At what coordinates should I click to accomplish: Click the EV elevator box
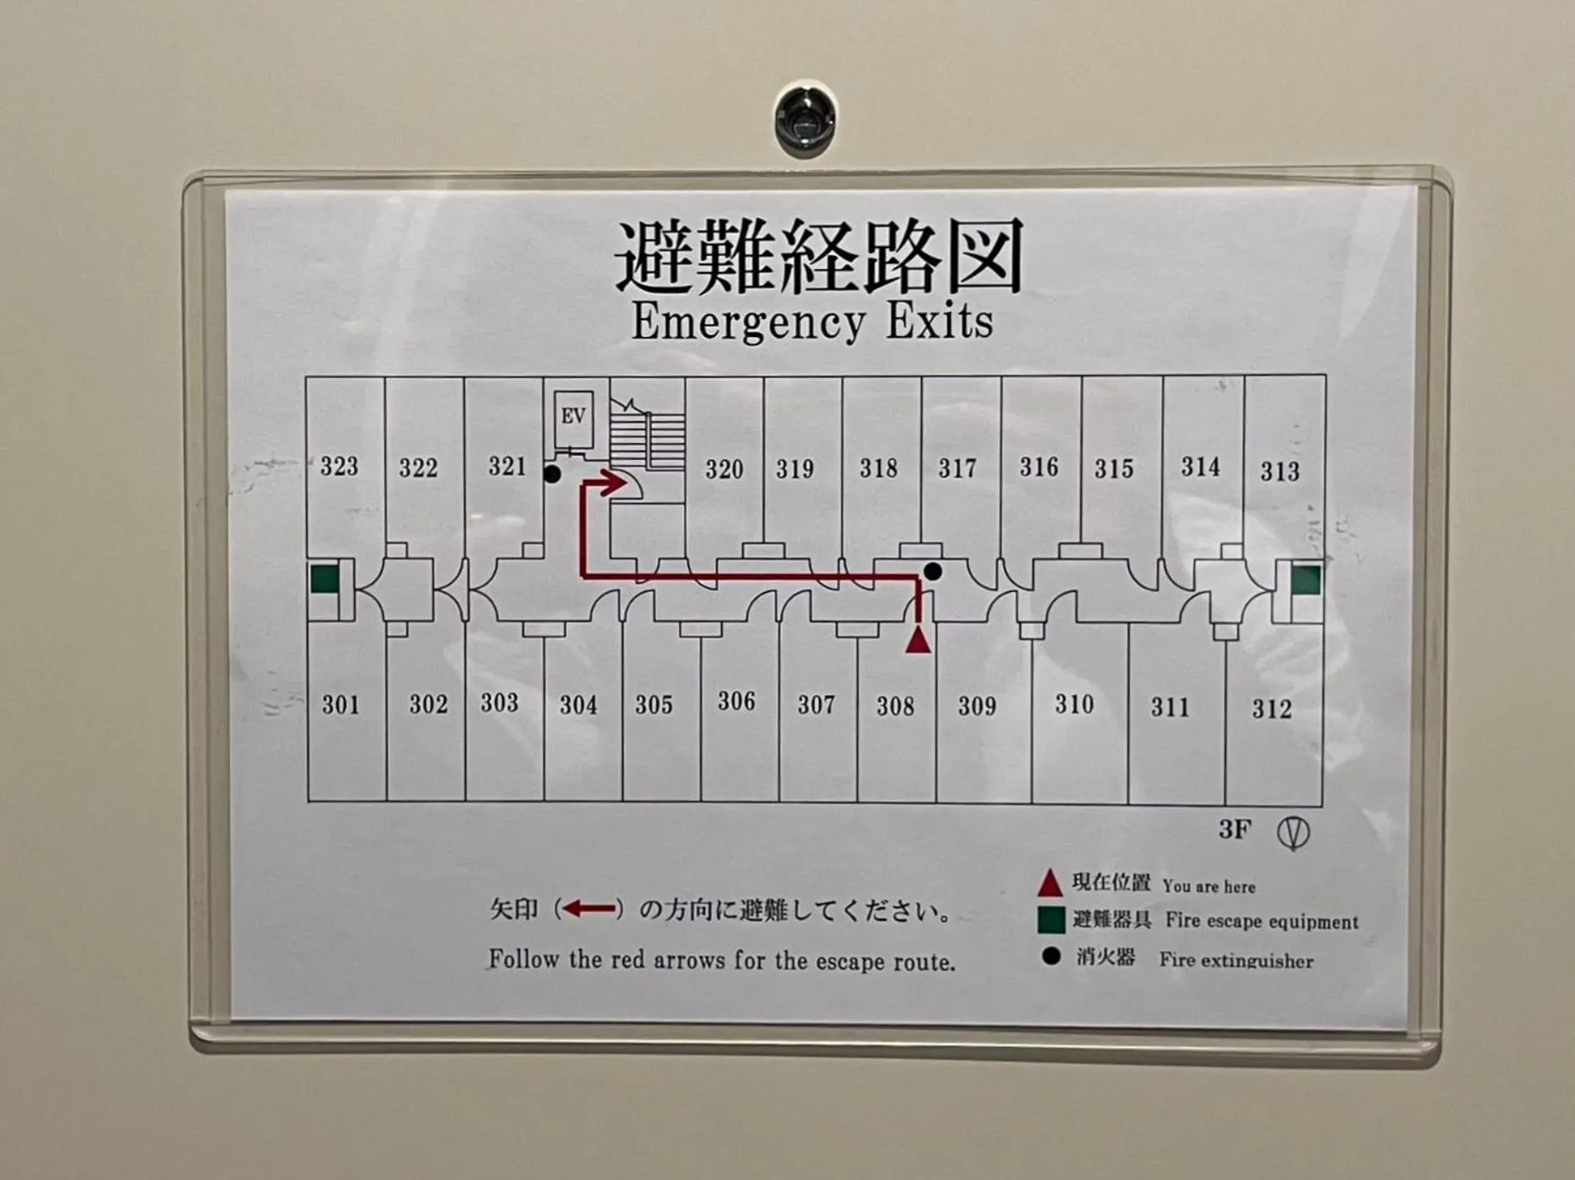[x=573, y=416]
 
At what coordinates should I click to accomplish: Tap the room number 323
[x=339, y=466]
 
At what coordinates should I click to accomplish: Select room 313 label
[x=1279, y=471]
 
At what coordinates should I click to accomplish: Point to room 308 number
[x=895, y=706]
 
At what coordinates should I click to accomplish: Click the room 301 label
[x=340, y=704]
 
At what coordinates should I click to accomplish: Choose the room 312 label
[x=1271, y=709]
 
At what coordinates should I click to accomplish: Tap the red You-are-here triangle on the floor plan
[x=919, y=640]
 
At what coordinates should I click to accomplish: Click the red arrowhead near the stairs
[x=613, y=483]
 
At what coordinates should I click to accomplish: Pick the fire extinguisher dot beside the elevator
[x=552, y=474]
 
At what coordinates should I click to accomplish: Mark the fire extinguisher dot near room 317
[x=932, y=571]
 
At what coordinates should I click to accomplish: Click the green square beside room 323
[x=324, y=579]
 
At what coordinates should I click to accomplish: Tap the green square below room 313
[x=1305, y=579]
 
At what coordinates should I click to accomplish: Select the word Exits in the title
[x=939, y=322]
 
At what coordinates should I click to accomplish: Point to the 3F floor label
[x=1234, y=830]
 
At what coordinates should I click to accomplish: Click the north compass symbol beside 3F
[x=1293, y=833]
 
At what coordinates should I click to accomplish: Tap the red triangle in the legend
[x=1049, y=883]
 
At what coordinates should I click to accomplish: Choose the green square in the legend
[x=1051, y=920]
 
